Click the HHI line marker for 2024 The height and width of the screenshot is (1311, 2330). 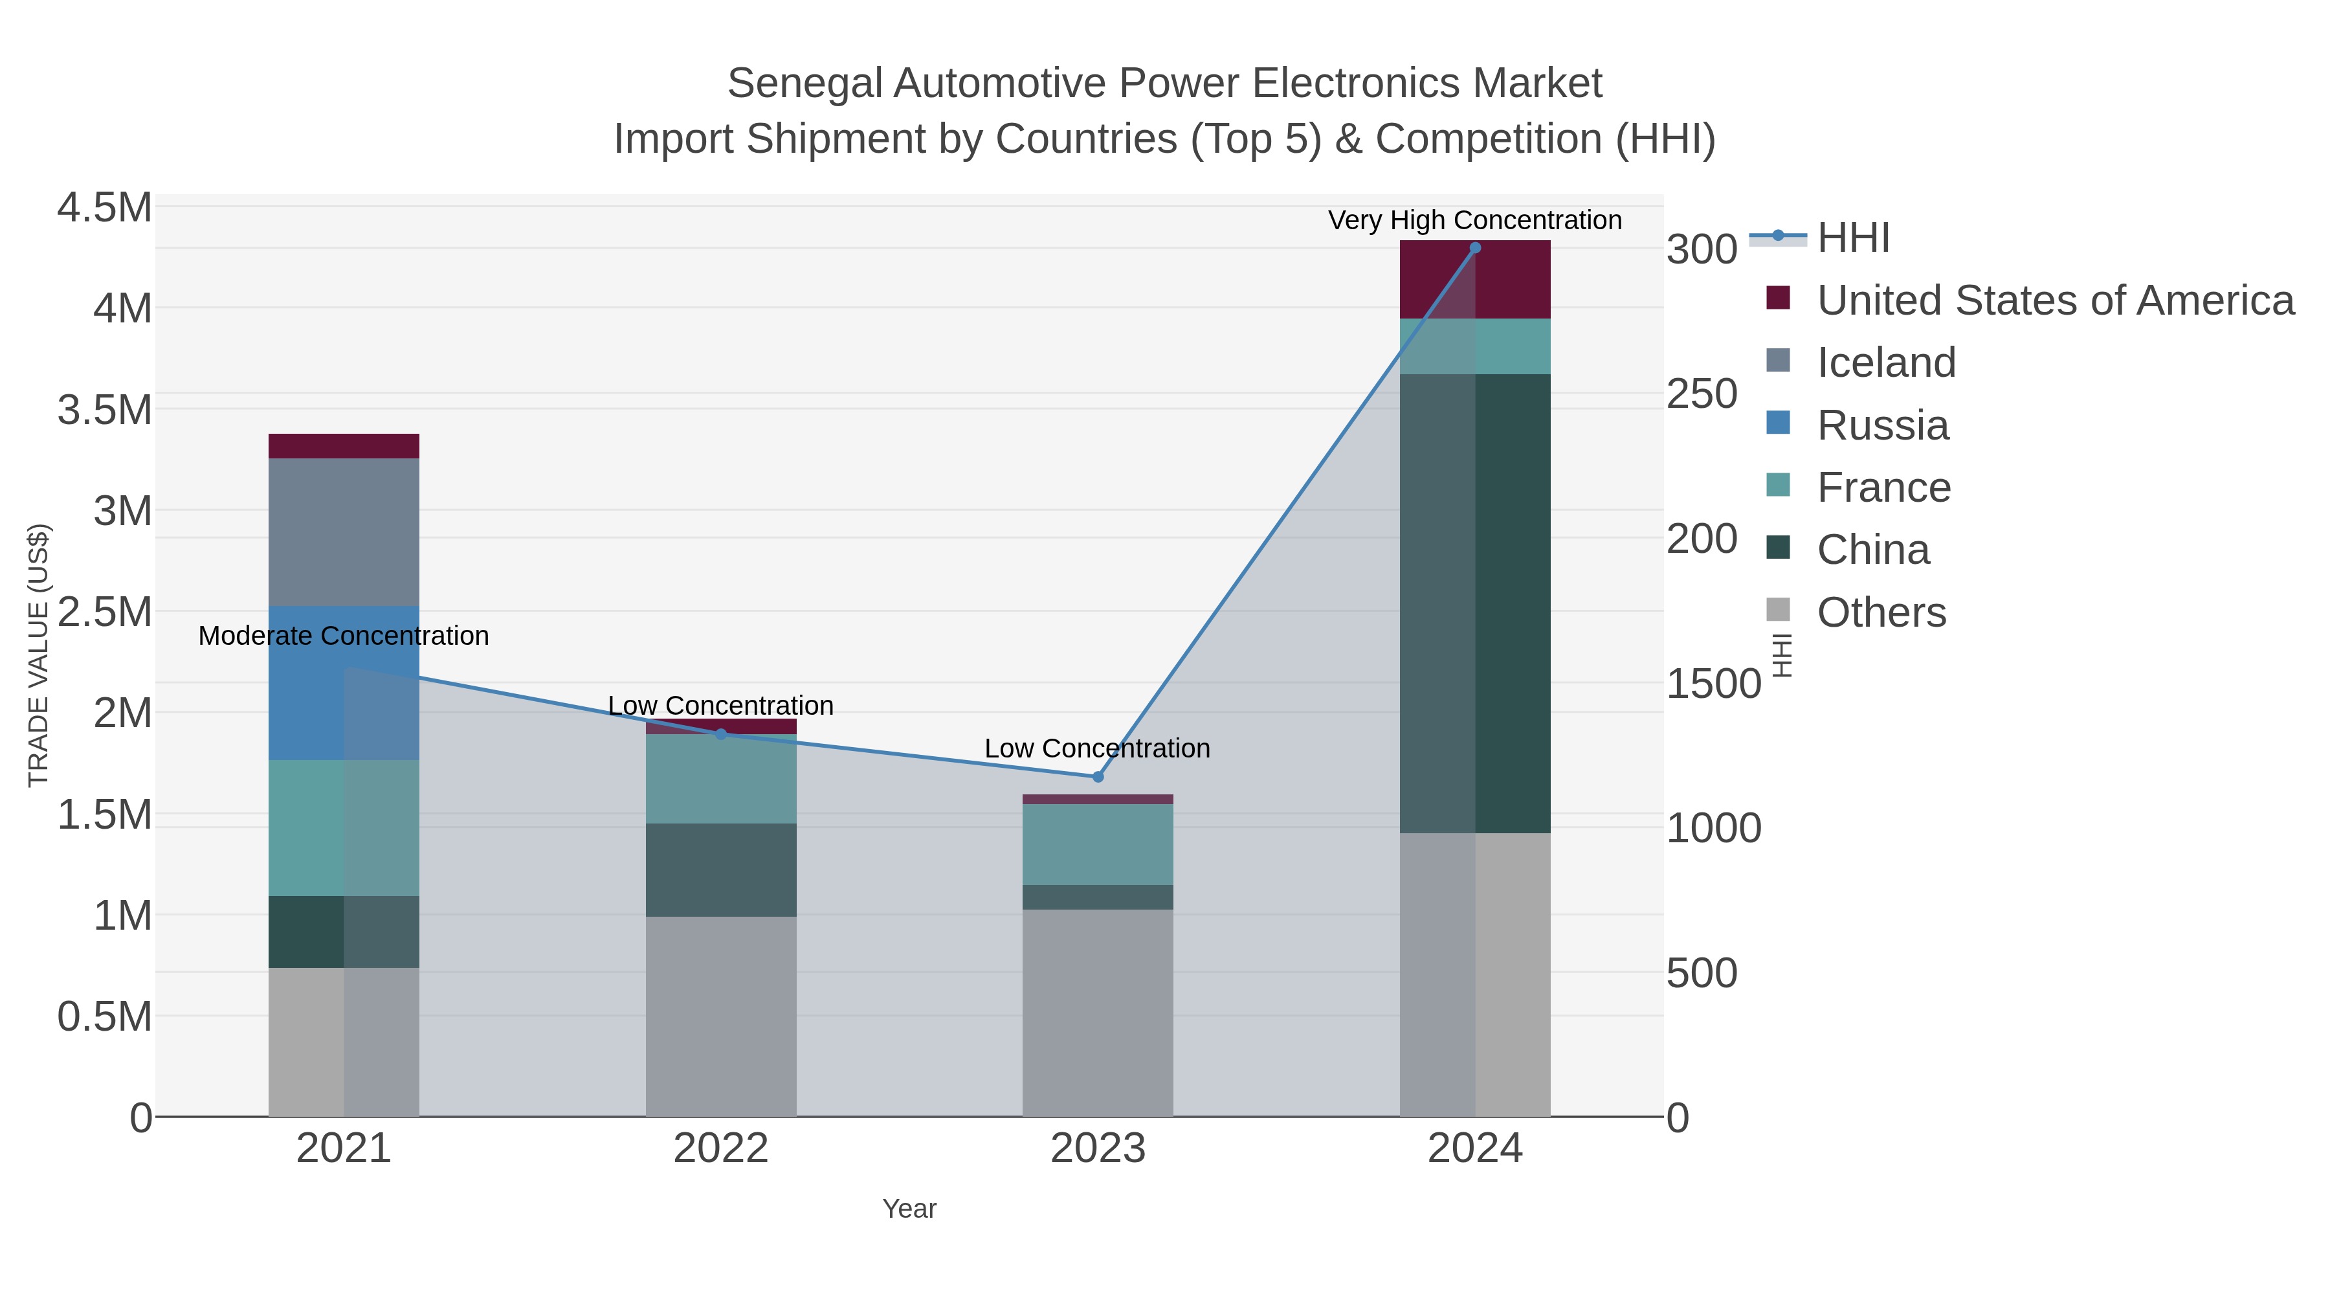1475,248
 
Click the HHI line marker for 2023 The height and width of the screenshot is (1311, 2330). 1098,776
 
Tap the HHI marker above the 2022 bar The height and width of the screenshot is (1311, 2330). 721,734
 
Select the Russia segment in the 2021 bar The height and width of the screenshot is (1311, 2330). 344,683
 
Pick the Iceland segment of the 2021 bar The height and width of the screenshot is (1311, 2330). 344,532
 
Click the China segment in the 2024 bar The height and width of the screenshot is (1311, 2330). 1475,603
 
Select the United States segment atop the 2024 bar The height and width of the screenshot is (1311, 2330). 1475,280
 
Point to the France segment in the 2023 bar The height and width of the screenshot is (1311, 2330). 1098,844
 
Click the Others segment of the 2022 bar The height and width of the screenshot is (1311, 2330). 721,1016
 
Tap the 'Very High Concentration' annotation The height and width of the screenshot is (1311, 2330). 1474,221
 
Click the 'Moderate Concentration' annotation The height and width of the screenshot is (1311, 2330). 344,636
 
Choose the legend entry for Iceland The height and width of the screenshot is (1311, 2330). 1886,363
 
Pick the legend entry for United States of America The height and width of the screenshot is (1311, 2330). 2054,300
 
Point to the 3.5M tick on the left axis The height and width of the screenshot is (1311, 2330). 105,410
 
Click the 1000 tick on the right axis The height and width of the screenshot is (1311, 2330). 1713,828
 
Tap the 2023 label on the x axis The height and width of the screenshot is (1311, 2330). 1098,1149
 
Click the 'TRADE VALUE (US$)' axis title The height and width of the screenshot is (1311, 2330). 38,655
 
